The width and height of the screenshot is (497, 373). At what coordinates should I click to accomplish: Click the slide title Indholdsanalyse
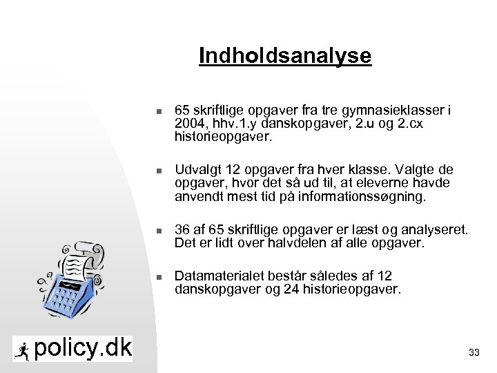click(x=284, y=55)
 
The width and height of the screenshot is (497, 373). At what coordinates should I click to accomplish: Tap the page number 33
click(x=474, y=353)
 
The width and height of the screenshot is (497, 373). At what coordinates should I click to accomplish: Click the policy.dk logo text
click(x=83, y=348)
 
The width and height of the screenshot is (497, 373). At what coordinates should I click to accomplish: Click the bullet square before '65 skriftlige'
click(x=158, y=111)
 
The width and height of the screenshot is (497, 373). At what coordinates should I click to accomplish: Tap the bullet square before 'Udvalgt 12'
click(x=158, y=171)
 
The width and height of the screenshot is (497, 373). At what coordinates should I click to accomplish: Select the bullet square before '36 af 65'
click(x=158, y=230)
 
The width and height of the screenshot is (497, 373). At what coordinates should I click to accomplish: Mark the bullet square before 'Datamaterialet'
click(x=158, y=277)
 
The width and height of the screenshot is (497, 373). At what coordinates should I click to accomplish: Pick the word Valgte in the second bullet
click(x=412, y=171)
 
